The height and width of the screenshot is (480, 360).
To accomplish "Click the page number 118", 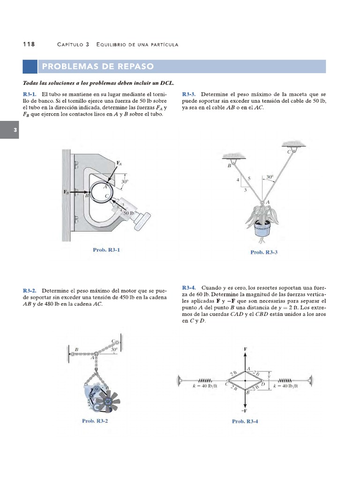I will tap(29, 44).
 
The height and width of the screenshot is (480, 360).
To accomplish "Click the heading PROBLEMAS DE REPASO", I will tap(97, 66).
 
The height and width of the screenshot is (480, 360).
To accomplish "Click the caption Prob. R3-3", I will tap(264, 252).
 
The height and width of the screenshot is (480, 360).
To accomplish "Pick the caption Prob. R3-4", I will tap(245, 421).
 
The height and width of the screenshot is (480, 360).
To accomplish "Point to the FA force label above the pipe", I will tap(119, 163).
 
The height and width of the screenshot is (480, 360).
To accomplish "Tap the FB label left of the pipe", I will tap(66, 192).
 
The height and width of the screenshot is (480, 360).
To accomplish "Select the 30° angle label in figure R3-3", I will tap(270, 177).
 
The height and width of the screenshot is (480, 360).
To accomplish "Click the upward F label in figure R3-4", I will tap(245, 349).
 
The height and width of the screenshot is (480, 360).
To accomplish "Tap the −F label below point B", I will tap(245, 411).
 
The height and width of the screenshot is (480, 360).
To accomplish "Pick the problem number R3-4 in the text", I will tap(190, 287).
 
